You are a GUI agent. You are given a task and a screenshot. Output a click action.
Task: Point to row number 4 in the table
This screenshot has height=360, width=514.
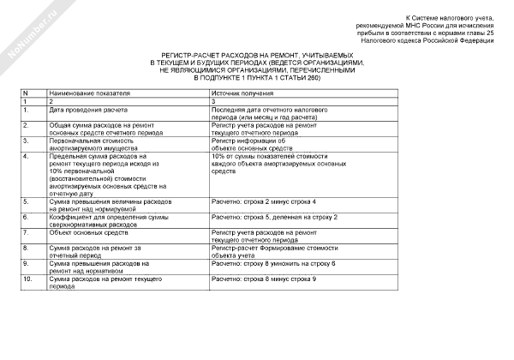(x=27, y=157)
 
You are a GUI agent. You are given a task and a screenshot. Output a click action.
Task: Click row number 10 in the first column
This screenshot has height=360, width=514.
(x=29, y=279)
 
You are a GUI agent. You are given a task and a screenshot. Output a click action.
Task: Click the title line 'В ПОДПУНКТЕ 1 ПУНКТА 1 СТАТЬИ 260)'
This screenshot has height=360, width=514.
(x=257, y=78)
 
